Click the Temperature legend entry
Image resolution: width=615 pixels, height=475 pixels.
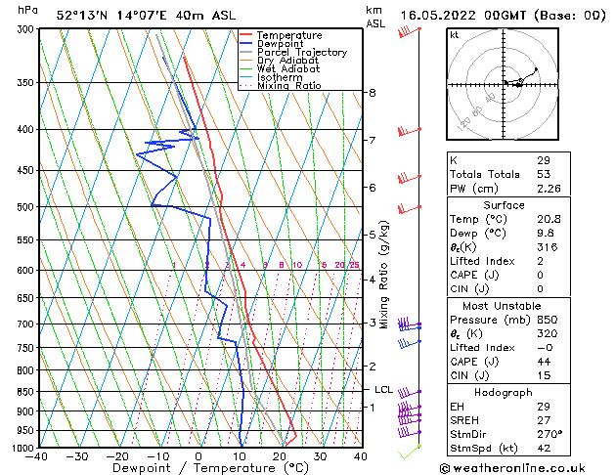pyautogui.click(x=289, y=35)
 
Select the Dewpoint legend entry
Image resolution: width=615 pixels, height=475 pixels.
pyautogui.click(x=282, y=44)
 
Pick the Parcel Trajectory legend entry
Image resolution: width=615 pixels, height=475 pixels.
pyautogui.click(x=301, y=53)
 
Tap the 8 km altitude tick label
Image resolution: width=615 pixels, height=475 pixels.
pyautogui.click(x=373, y=93)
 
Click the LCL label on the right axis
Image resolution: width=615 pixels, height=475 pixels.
pyautogui.click(x=383, y=390)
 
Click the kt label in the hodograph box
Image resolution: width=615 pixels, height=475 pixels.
pyautogui.click(x=454, y=34)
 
